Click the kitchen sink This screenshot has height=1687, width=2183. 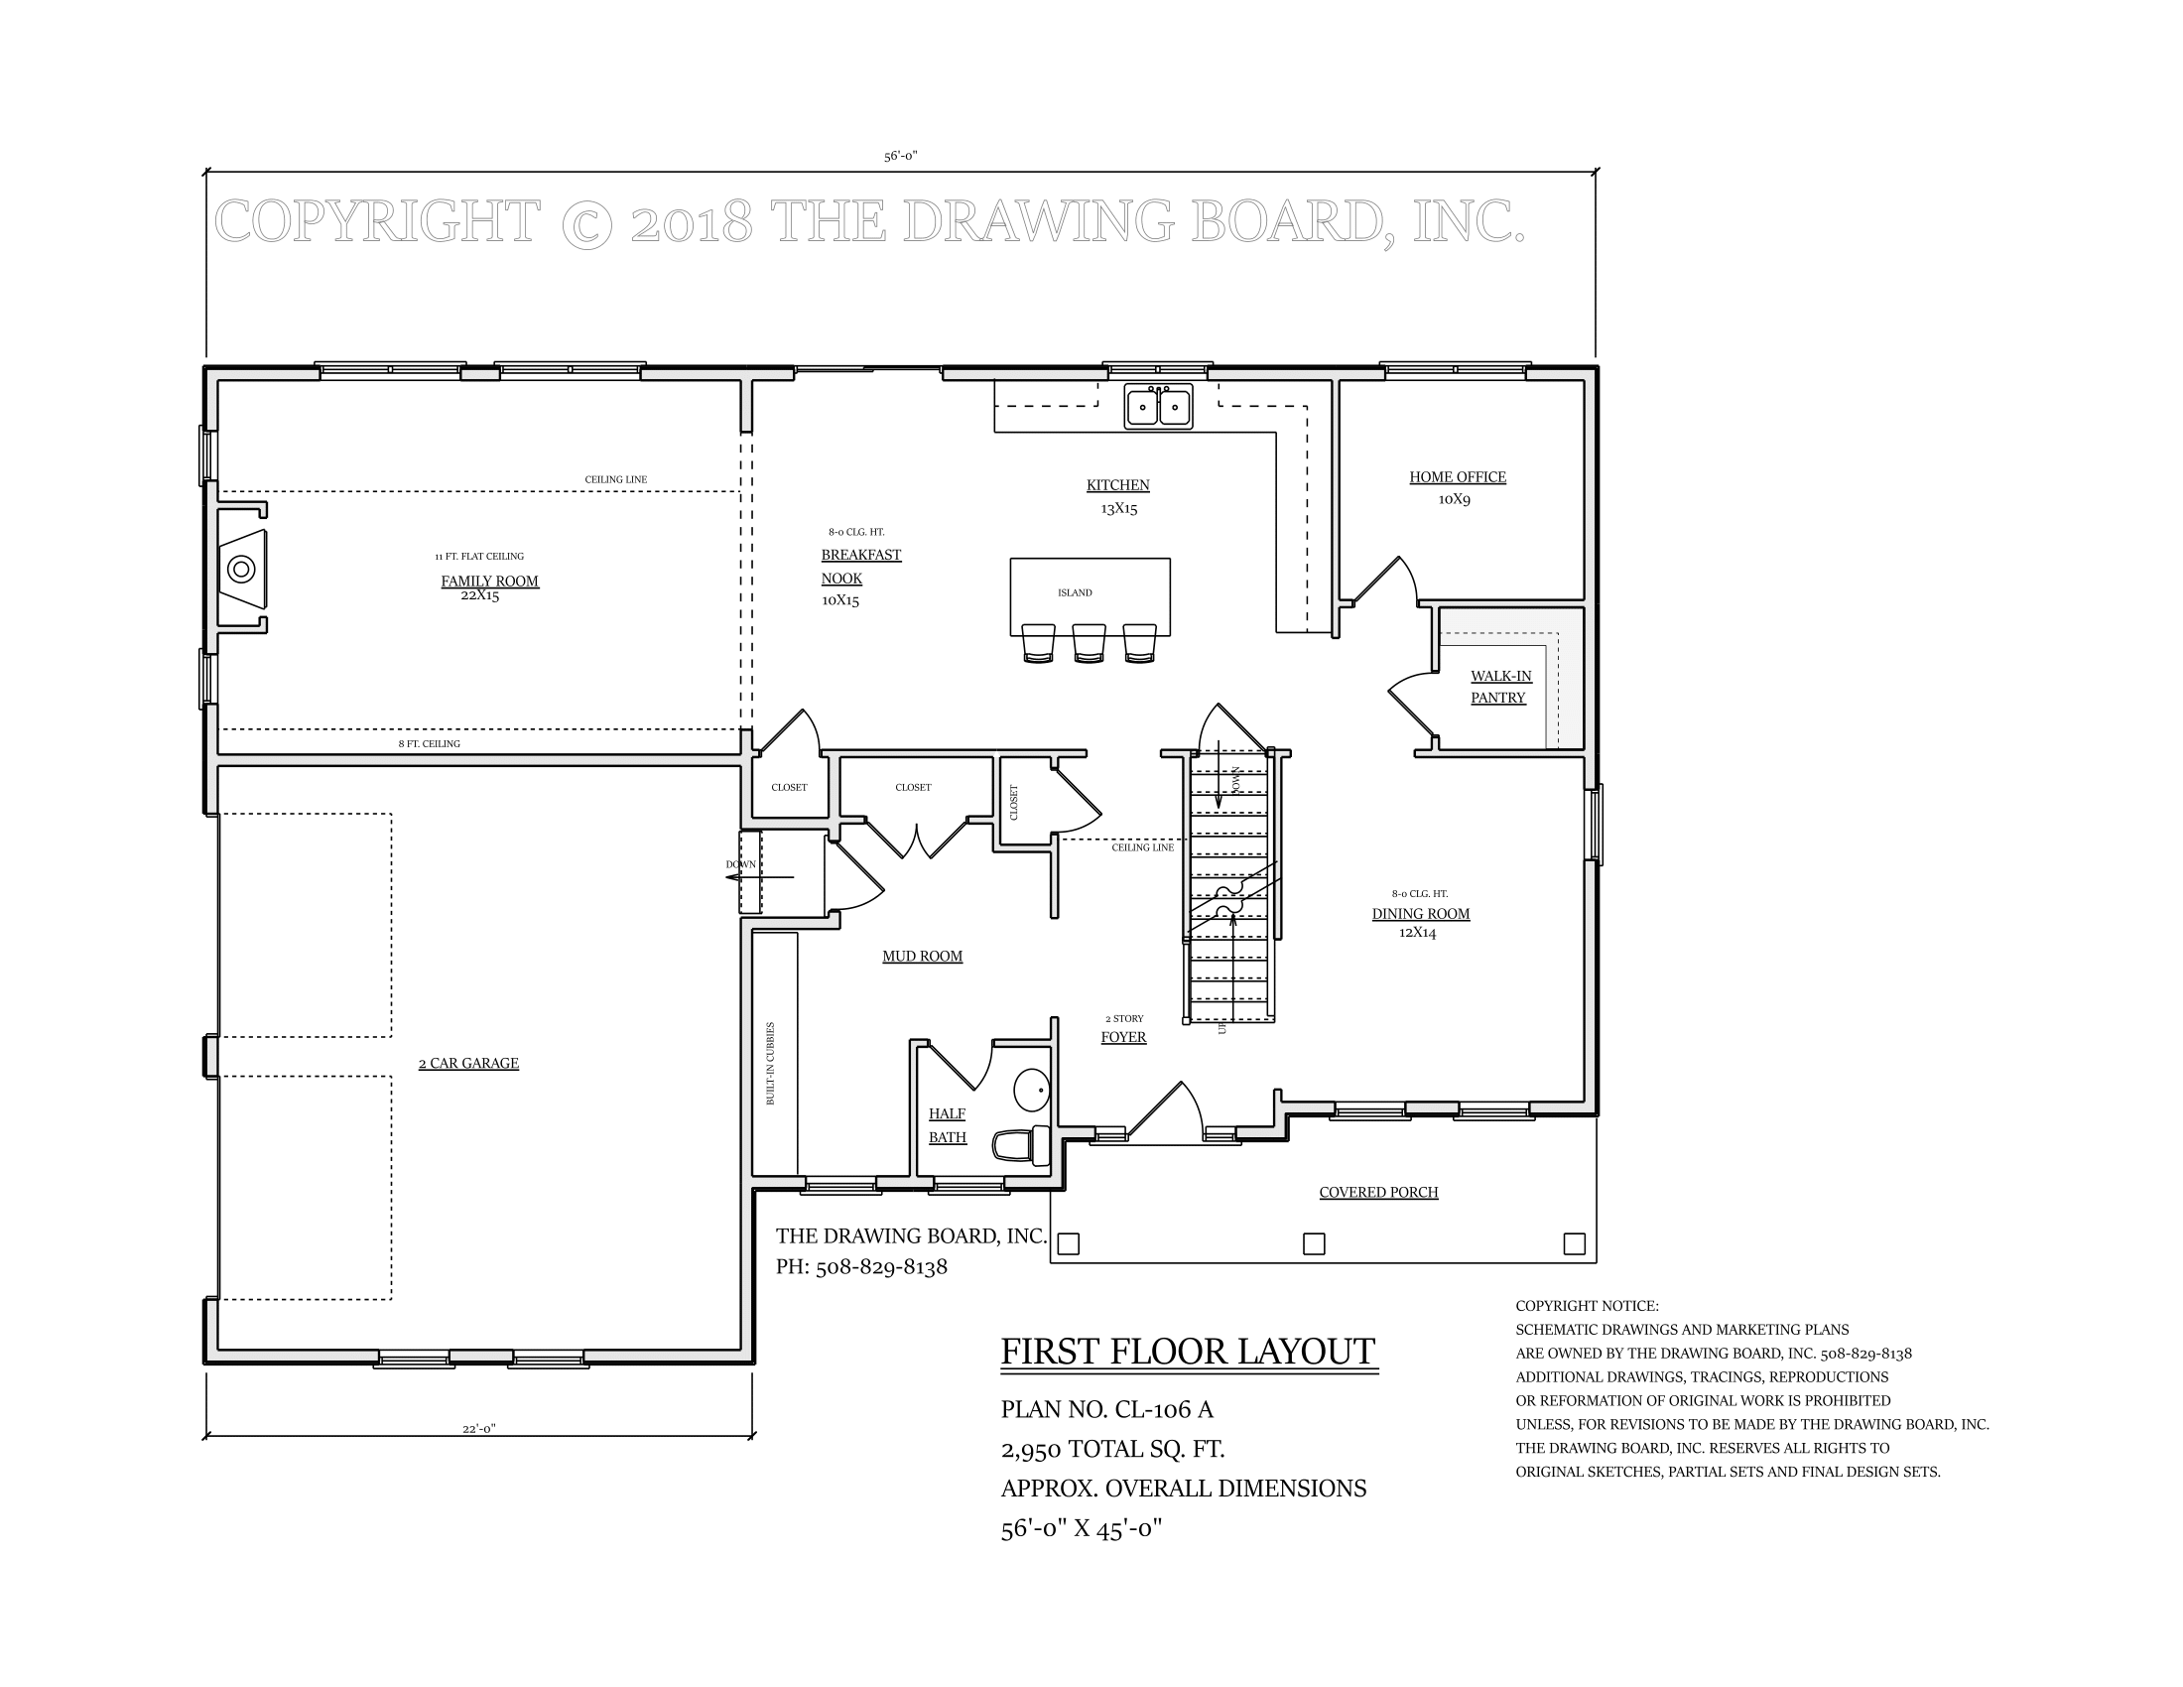click(x=1158, y=406)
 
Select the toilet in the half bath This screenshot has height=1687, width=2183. click(x=1021, y=1144)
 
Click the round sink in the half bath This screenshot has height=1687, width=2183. click(x=1031, y=1091)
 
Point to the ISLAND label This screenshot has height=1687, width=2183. click(x=1075, y=592)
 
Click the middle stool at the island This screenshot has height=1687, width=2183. click(x=1089, y=644)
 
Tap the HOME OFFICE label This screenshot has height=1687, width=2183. click(x=1458, y=477)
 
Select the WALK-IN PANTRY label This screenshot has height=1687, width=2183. click(x=1499, y=687)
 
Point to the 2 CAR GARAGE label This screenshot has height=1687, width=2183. click(x=468, y=1064)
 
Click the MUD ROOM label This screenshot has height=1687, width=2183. click(x=922, y=957)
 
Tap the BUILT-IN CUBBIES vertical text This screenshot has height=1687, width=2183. click(x=771, y=1063)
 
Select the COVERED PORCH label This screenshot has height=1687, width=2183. click(x=1378, y=1192)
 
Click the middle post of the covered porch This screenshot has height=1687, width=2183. click(x=1315, y=1243)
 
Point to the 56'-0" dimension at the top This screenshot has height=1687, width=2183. click(x=900, y=156)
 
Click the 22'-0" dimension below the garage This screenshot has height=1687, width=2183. click(x=479, y=1428)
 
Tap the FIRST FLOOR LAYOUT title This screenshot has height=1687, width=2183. click(x=1189, y=1352)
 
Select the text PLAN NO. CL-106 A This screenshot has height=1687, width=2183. click(x=1106, y=1409)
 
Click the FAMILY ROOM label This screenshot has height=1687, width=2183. click(x=490, y=582)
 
